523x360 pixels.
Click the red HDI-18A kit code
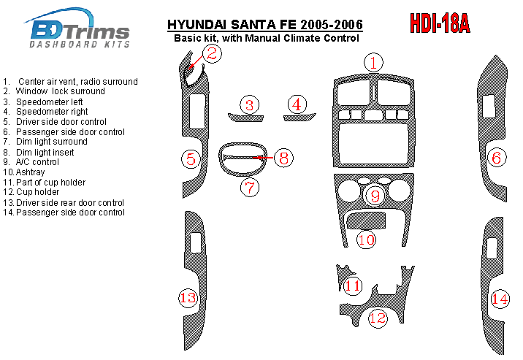point(440,23)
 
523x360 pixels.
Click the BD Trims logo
point(77,28)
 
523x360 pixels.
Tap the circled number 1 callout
point(373,62)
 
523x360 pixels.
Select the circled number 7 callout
point(250,188)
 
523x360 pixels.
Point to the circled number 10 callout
point(366,240)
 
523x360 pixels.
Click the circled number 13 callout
point(188,297)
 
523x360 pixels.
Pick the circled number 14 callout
point(500,299)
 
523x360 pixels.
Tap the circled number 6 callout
point(497,157)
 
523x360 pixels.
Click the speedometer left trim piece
point(246,118)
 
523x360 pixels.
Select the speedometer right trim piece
point(299,118)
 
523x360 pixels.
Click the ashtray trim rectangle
point(366,221)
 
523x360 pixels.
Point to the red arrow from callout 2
point(195,63)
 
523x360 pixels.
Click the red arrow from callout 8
point(263,157)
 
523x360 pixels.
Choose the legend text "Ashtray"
point(30,172)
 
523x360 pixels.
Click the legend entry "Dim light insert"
point(45,153)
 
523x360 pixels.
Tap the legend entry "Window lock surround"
point(60,91)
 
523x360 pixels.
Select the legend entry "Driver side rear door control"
point(70,203)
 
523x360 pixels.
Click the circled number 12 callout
point(378,318)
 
